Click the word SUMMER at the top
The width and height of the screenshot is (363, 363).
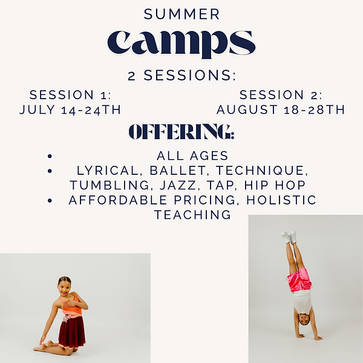tap(181, 13)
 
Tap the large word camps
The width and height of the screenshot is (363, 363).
tap(181, 42)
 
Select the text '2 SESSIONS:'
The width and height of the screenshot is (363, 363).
tap(181, 76)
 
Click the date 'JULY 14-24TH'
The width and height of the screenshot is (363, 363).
tap(70, 110)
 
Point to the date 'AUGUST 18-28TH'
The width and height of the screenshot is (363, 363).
tap(281, 110)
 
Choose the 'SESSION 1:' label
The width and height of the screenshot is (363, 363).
tap(70, 95)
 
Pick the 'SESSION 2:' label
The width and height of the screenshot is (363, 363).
tap(281, 95)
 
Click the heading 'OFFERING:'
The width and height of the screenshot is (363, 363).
tap(181, 132)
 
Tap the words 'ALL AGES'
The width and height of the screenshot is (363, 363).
tap(192, 155)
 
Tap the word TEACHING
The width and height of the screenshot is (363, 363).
tap(192, 215)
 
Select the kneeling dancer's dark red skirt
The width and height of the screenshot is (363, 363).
tap(72, 331)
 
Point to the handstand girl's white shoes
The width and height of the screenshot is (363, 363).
tap(289, 237)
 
